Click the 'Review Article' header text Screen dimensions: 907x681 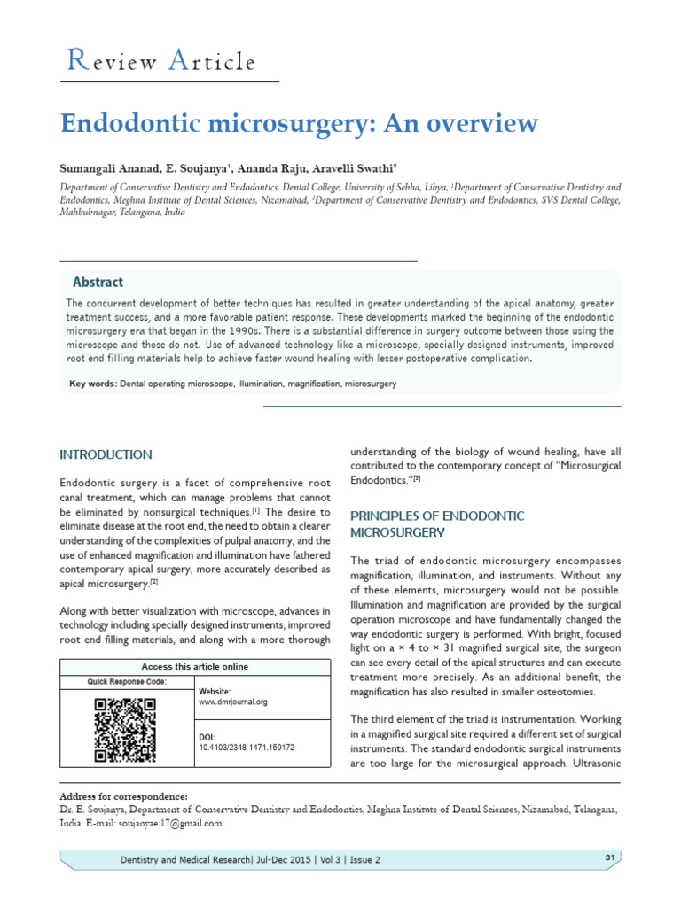(x=161, y=62)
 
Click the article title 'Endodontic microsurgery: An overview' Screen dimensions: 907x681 (x=298, y=123)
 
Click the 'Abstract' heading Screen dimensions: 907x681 (x=98, y=283)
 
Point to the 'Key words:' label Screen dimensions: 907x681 (x=93, y=384)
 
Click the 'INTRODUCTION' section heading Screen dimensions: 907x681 (x=106, y=454)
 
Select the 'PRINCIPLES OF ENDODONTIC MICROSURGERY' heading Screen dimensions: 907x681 (x=438, y=523)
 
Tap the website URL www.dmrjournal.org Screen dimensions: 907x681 (x=233, y=702)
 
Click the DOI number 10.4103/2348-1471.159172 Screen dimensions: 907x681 (x=247, y=748)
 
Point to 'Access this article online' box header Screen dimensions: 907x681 (x=195, y=666)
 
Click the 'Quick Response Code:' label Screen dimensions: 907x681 (x=126, y=682)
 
